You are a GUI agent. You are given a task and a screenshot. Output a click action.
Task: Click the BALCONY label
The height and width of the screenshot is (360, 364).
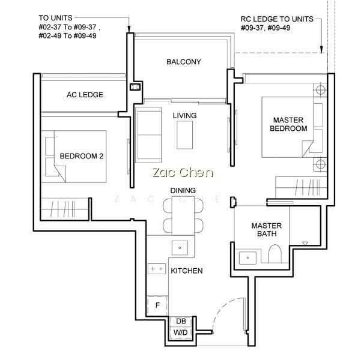coord(184,62)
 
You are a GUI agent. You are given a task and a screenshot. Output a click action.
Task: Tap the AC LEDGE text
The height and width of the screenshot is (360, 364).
coord(85,95)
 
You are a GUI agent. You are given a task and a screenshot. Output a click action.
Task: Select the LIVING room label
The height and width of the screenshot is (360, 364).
coord(184,116)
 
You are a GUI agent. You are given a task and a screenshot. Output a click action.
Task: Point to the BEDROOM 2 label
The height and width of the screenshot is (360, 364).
coord(82,156)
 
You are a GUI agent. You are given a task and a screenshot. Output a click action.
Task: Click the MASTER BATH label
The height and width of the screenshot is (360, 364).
coord(267,230)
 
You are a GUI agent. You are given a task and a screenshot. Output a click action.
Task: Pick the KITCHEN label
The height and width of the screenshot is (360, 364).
coord(187,271)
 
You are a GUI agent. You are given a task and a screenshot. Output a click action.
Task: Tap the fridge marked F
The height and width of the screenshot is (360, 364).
coord(157,305)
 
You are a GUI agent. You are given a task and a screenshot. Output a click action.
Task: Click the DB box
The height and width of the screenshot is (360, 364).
coord(181,321)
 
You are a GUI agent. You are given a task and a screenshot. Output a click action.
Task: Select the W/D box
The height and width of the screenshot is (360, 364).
coord(181,332)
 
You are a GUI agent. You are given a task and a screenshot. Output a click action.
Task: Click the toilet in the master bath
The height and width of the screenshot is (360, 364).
coord(275,254)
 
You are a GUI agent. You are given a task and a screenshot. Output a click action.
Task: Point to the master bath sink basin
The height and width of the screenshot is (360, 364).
coord(247,258)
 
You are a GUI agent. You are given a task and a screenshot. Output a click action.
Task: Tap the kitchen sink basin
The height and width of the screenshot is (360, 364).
coord(180,248)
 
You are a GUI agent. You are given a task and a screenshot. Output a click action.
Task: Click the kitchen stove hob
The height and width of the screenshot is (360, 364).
coord(157,269)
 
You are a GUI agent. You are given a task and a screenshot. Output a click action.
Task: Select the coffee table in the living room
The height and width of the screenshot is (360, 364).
coord(184,135)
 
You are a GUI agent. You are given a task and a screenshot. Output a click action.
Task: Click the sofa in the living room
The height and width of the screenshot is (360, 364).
coord(148,134)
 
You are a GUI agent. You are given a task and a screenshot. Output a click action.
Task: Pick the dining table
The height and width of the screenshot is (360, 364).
coord(183,215)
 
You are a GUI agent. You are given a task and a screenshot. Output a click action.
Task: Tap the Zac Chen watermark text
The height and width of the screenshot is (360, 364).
coord(183,173)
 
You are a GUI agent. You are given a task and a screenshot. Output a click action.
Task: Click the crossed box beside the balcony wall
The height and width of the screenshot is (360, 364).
coord(135,87)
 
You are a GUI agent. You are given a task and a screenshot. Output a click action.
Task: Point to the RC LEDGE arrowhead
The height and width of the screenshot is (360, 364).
coord(321,49)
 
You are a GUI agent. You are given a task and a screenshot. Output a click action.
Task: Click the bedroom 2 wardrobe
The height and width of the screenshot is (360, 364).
coord(64,208)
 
